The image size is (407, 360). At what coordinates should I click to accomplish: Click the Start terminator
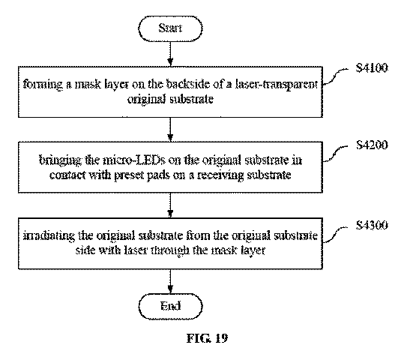coord(170,28)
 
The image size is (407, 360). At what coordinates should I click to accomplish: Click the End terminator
coord(170,306)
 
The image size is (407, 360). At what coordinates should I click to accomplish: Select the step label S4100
coord(372,68)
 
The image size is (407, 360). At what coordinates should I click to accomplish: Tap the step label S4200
coord(372,145)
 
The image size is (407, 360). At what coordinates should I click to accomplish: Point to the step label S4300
coord(372,225)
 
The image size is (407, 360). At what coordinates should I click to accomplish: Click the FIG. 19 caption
coord(207,338)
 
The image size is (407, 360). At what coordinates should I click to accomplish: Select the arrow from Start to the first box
coord(170,54)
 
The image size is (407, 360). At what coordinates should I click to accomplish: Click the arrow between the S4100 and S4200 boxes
coord(170,129)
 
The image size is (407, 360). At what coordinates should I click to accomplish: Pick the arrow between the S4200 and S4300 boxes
coord(170,205)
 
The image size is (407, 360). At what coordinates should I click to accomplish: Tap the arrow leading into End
coord(170,281)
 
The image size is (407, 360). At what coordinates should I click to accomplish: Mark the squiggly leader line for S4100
coord(335,76)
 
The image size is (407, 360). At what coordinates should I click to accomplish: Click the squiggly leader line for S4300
coord(335,235)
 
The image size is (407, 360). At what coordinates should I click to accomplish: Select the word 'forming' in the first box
coord(43,85)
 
